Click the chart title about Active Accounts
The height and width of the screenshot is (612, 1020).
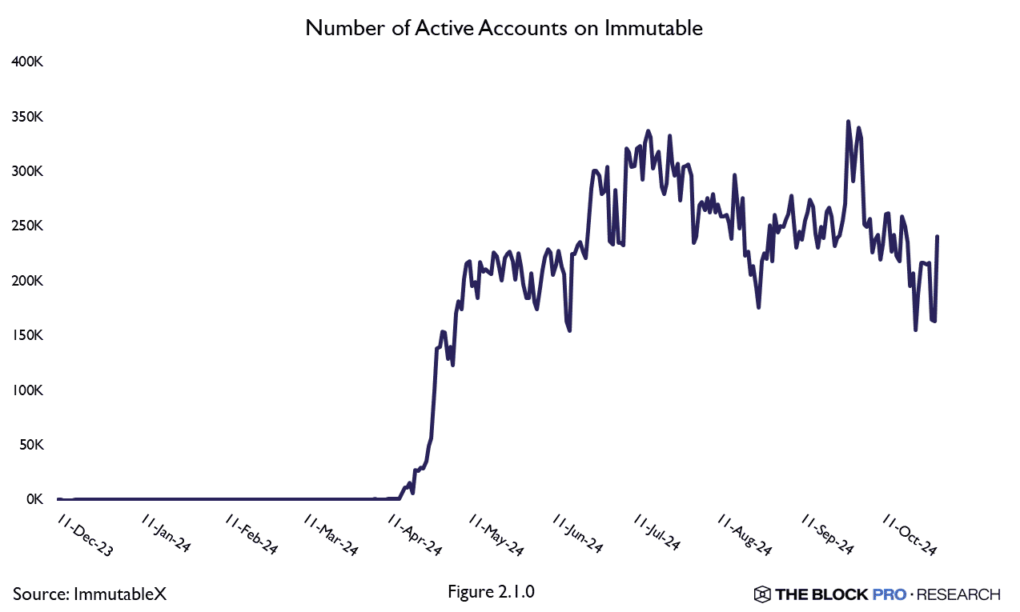(504, 29)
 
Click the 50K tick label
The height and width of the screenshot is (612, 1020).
(30, 445)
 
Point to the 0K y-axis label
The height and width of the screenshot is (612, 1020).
(33, 499)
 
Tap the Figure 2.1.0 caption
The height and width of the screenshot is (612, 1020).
(492, 593)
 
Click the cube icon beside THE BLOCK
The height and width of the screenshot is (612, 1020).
(761, 594)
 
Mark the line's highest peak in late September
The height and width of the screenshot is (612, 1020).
(848, 122)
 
